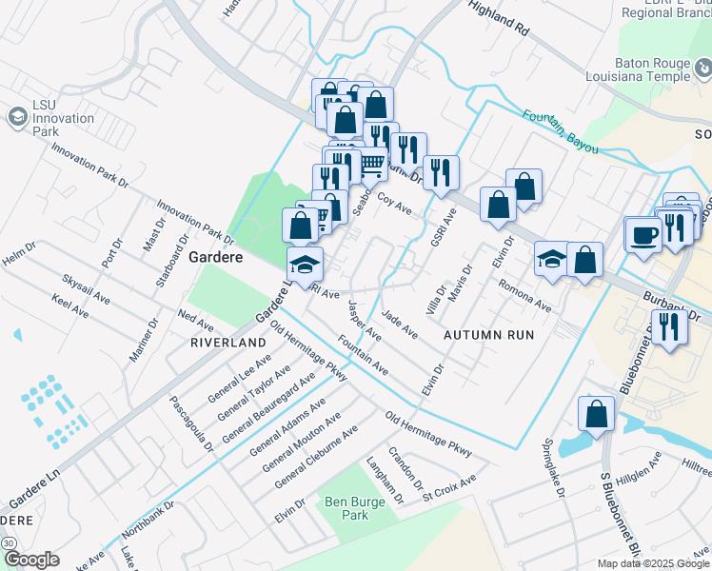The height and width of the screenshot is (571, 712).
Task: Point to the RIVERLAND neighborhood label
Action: click(x=227, y=342)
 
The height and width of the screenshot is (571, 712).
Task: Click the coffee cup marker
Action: click(x=643, y=234)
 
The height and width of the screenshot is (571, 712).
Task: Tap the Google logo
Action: click(x=31, y=560)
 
